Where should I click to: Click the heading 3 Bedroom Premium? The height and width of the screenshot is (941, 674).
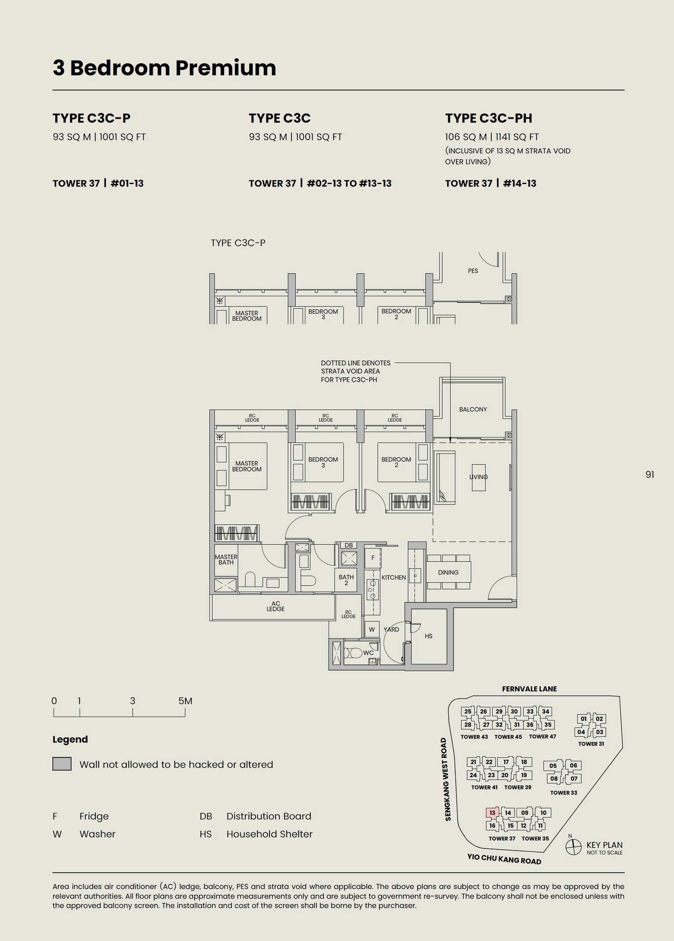tap(164, 68)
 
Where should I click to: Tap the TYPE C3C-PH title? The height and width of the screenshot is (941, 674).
tap(489, 118)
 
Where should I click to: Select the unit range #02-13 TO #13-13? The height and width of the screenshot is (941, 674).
tap(349, 183)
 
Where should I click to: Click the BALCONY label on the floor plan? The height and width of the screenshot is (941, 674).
tap(473, 409)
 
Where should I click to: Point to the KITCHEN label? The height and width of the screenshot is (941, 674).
tap(393, 577)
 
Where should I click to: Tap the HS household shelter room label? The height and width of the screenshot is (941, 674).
tap(428, 636)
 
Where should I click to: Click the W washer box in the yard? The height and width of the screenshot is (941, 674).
tap(372, 629)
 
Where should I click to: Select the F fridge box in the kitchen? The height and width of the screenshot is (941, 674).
tap(372, 558)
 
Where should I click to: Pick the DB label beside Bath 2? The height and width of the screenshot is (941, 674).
tap(349, 545)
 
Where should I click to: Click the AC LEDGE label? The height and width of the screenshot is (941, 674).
tap(275, 606)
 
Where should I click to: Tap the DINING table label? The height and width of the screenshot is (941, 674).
tap(448, 572)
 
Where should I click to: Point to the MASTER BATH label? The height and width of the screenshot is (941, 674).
tap(226, 560)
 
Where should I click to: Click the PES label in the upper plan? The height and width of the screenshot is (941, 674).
tap(473, 271)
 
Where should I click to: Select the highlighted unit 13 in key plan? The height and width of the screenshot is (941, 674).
tap(492, 813)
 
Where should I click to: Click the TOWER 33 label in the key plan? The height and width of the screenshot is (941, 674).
tap(564, 792)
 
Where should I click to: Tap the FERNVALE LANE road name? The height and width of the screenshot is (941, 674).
tap(529, 689)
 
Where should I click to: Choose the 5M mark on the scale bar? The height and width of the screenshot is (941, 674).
tap(185, 701)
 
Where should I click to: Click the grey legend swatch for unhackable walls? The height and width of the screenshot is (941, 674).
tap(62, 764)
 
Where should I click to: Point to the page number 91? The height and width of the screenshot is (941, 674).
tap(650, 474)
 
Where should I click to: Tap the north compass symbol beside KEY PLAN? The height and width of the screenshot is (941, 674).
tap(573, 847)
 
